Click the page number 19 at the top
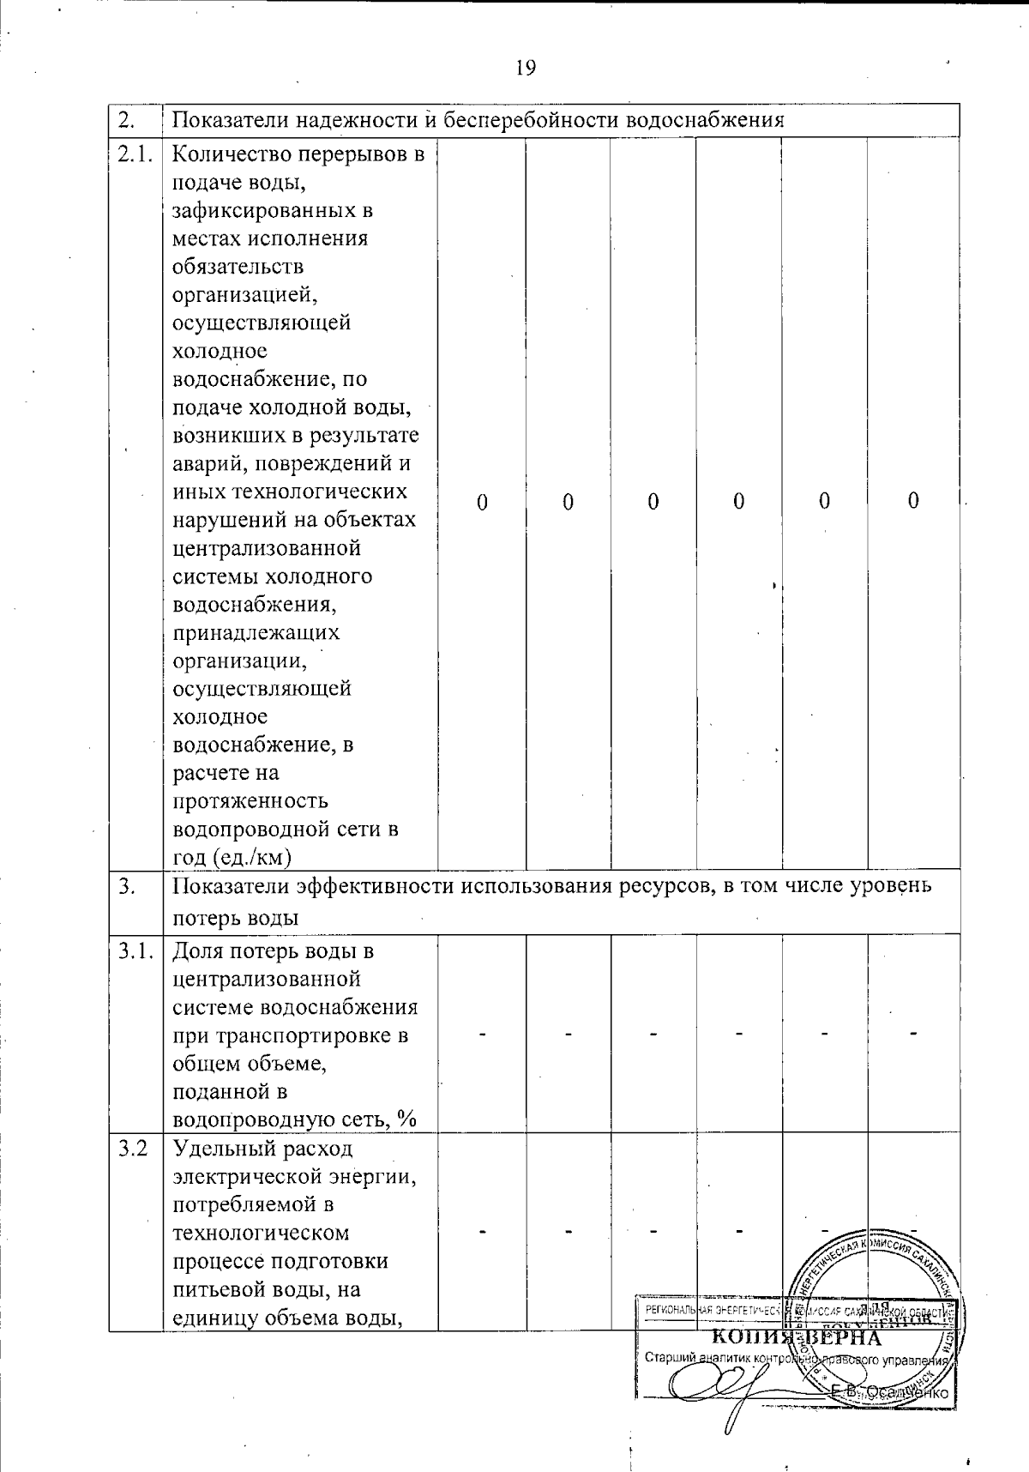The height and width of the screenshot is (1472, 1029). tap(526, 68)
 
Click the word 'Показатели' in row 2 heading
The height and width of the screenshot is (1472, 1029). tap(225, 120)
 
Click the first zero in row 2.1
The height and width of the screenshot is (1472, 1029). tap(482, 502)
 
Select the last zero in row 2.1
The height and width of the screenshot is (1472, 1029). tap(913, 501)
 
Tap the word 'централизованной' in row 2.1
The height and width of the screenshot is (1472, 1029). tap(267, 548)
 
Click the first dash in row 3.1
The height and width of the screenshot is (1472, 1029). tap(483, 1034)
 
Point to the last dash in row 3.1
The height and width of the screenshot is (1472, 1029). tap(913, 1034)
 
